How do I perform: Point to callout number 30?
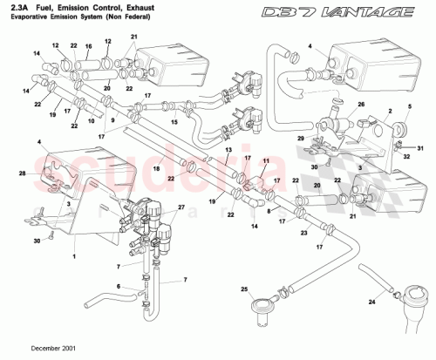coord(25,240)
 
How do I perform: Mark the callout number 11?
coord(266,161)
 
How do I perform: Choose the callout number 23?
coord(303,234)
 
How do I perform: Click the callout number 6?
coord(119,286)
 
